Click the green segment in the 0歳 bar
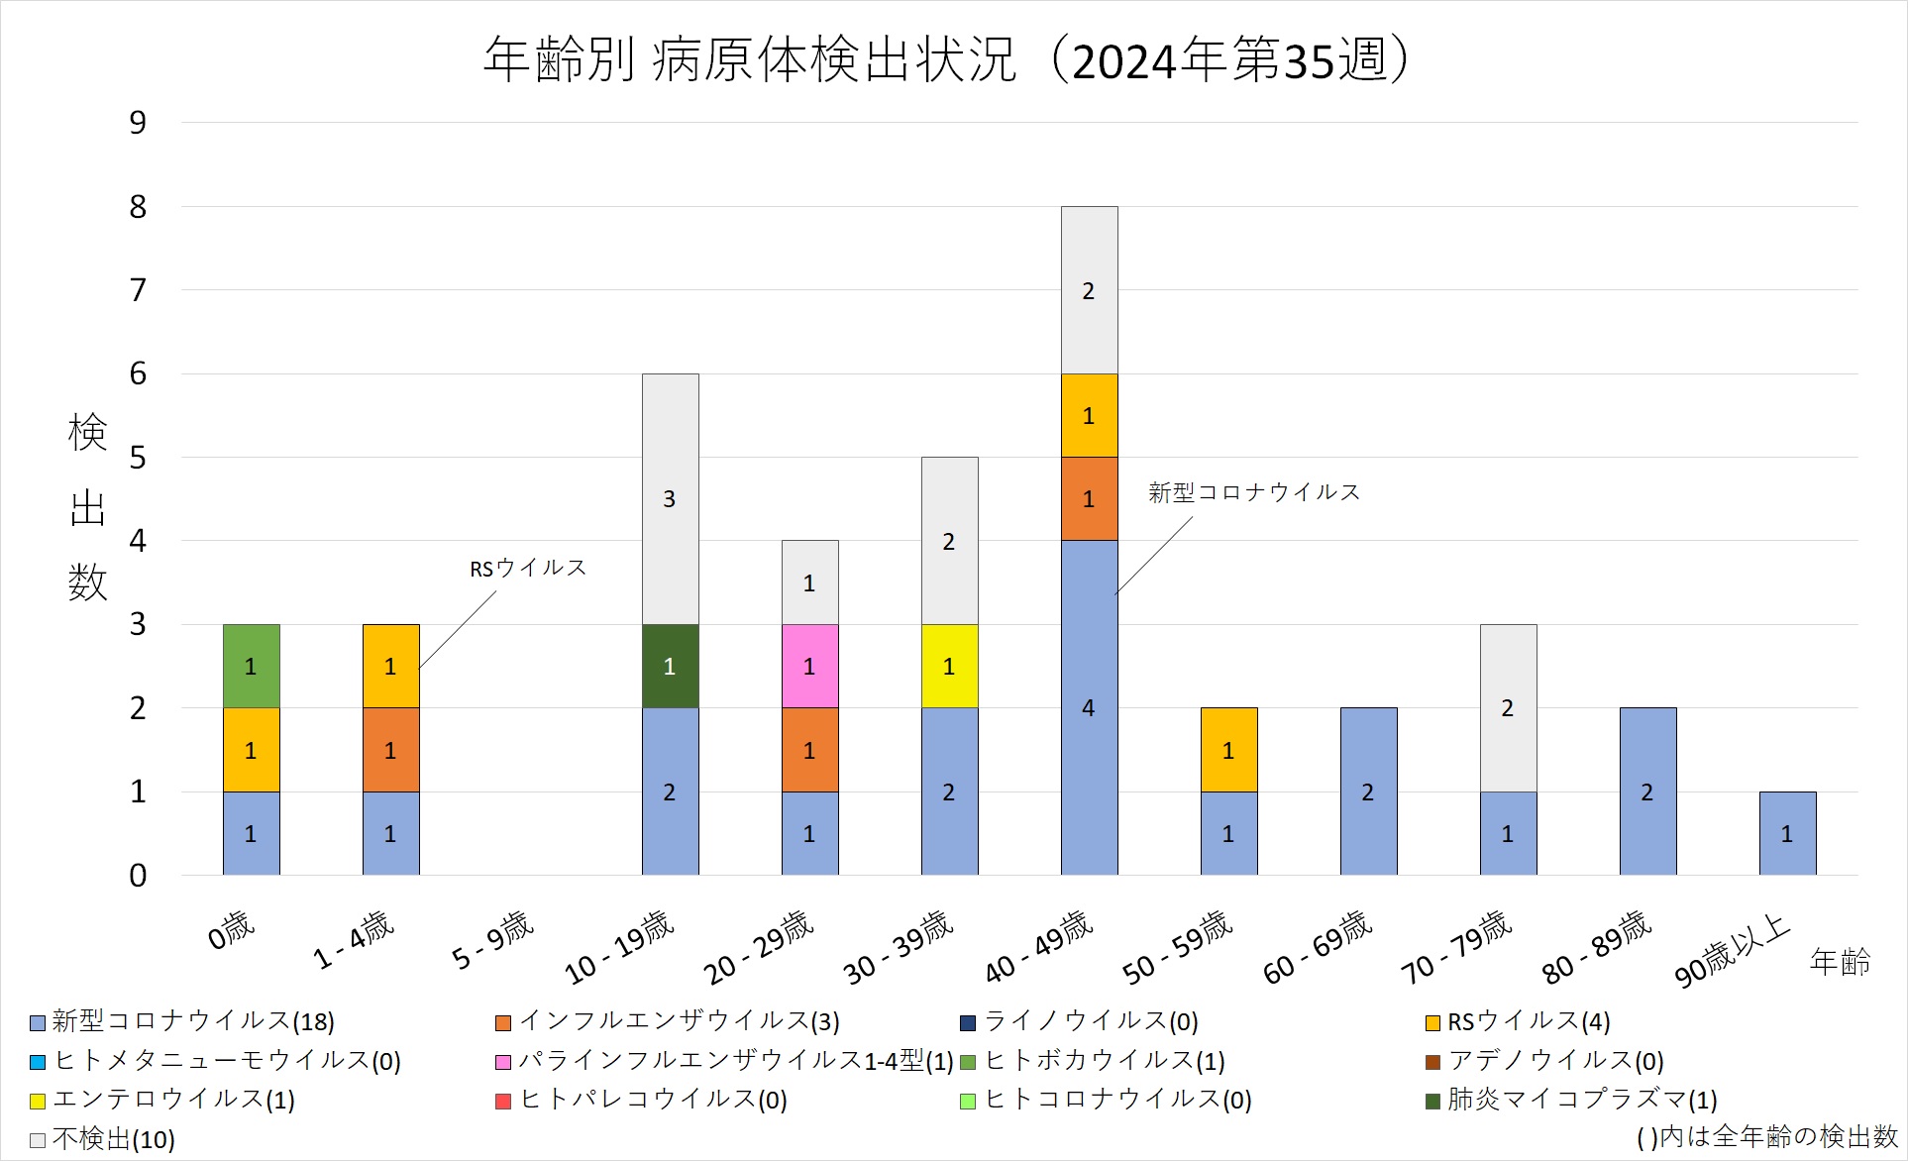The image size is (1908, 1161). point(251,666)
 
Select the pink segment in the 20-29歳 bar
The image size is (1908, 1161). point(809,666)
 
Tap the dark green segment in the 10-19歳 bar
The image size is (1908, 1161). point(670,666)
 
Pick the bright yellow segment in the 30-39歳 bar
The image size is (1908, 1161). point(949,666)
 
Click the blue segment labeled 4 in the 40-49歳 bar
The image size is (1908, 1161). point(1089,707)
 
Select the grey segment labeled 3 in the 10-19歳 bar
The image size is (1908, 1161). point(670,498)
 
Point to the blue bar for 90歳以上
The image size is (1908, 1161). point(1787,833)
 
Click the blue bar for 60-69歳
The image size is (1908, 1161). point(1368,792)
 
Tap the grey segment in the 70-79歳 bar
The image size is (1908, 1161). point(1508,707)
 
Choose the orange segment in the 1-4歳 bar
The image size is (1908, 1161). point(390,750)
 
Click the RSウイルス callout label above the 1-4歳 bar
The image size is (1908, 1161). point(527,568)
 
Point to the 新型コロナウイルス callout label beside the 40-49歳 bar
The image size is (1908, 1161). point(1253,492)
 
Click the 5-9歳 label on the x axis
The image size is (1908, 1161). point(492,940)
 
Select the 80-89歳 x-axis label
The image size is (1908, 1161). point(1596,947)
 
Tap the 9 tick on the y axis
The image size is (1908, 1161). point(138,123)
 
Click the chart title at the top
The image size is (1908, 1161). point(946,59)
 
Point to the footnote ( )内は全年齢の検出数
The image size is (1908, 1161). point(1766,1137)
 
